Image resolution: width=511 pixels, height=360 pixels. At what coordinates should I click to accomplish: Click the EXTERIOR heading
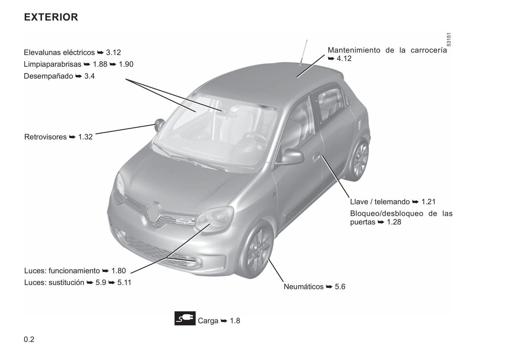tap(51, 17)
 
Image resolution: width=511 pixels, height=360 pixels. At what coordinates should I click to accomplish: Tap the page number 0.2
tap(29, 339)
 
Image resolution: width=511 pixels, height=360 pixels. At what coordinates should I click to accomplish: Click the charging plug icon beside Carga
tap(185, 318)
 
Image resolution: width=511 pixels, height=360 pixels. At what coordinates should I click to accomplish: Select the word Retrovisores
tap(45, 137)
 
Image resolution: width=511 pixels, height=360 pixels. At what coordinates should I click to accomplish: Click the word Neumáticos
tap(303, 287)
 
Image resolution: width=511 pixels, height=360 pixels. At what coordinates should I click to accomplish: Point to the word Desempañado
tap(48, 76)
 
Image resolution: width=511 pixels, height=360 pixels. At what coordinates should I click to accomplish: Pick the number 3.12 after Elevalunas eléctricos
tap(114, 52)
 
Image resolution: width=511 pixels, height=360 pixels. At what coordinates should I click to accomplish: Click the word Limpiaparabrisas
tap(52, 64)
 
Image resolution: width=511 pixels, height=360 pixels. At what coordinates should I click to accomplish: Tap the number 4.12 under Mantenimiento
tap(344, 58)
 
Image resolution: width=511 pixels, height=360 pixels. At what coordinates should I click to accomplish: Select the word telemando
tap(392, 202)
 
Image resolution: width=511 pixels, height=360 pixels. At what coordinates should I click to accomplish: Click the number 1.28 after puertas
tap(394, 222)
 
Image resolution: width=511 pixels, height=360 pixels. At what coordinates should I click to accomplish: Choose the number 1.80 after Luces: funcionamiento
tap(118, 271)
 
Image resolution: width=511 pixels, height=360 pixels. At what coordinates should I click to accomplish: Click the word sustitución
tap(66, 283)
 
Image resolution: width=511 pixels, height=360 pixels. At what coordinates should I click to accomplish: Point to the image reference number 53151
tap(448, 40)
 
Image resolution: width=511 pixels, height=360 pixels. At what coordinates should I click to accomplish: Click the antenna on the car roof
tap(304, 52)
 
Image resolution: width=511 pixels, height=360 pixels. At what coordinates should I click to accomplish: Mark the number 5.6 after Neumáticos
tap(340, 287)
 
